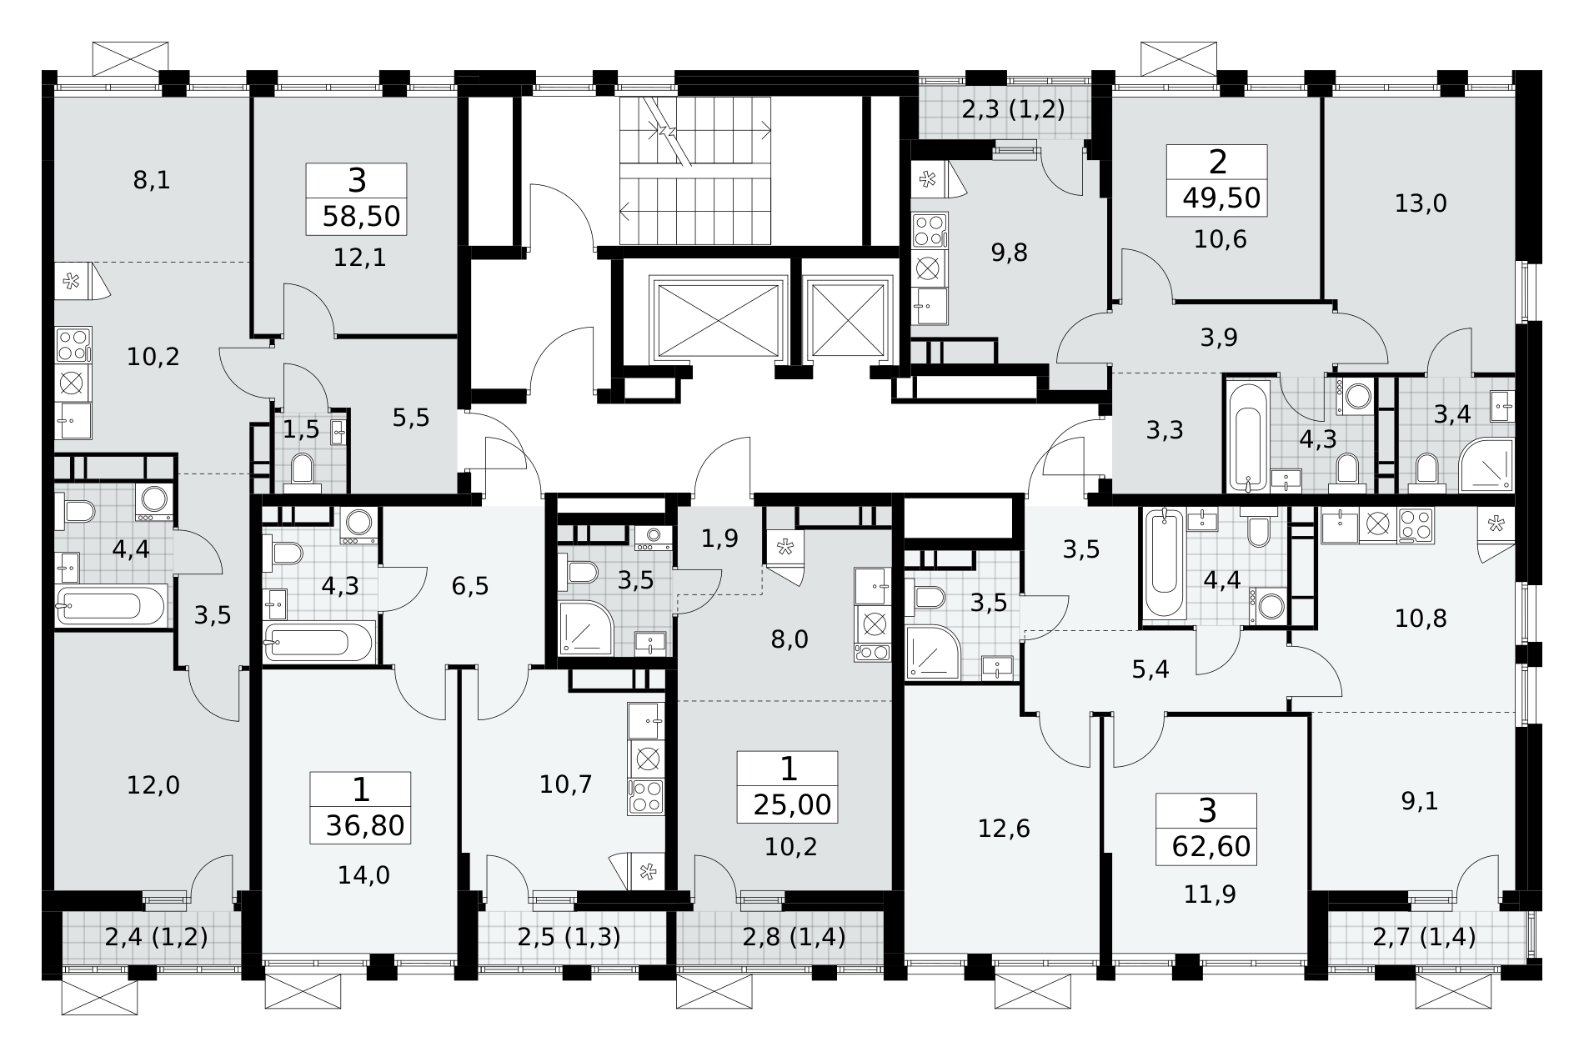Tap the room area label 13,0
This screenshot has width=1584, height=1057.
1421,203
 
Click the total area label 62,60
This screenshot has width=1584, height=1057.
1211,847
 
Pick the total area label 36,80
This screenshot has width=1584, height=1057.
365,827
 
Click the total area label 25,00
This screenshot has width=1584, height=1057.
792,805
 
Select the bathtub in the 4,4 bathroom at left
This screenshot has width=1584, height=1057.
111,604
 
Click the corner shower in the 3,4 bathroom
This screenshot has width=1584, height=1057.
1486,465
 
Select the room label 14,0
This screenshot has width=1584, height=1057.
363,874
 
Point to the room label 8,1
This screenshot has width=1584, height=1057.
152,179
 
